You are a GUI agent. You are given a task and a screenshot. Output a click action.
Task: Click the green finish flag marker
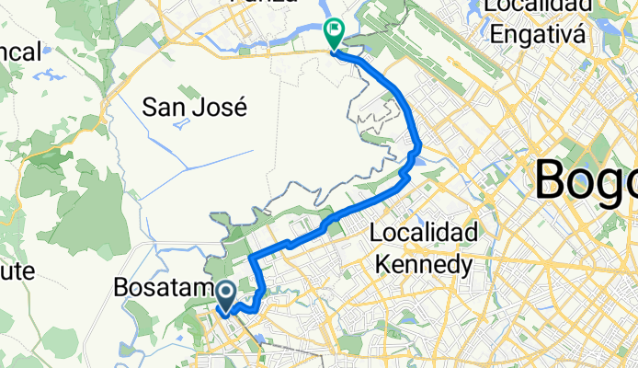[333, 33]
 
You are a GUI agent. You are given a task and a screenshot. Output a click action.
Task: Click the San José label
[196, 108]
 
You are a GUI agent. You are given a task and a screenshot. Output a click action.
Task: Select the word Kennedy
[424, 266]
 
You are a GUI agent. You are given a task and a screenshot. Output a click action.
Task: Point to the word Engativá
[538, 35]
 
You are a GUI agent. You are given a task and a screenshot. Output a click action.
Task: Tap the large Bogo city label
[585, 179]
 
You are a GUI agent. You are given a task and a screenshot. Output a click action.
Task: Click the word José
[222, 108]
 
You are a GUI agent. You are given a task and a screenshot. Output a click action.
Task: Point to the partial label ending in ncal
[20, 52]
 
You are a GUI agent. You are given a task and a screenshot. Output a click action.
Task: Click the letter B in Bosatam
[120, 288]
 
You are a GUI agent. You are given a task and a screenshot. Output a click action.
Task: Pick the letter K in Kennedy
[382, 266]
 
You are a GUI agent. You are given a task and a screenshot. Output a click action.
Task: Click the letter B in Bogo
[551, 179]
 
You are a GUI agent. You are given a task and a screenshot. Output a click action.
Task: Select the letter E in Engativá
[496, 35]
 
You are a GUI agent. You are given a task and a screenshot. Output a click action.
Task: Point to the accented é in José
[242, 107]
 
